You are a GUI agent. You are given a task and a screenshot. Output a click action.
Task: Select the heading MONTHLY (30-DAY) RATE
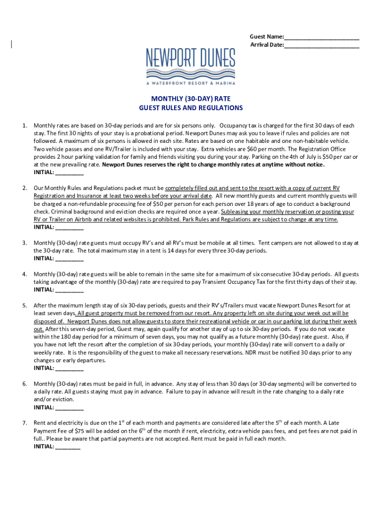(191, 99)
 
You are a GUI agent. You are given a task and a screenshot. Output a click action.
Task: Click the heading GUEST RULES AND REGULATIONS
(191, 108)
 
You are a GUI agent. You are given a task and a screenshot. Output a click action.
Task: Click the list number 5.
(24, 306)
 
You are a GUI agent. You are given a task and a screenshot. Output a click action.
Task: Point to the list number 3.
(24, 243)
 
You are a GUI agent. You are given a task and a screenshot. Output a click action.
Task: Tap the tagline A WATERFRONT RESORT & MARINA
(191, 83)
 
